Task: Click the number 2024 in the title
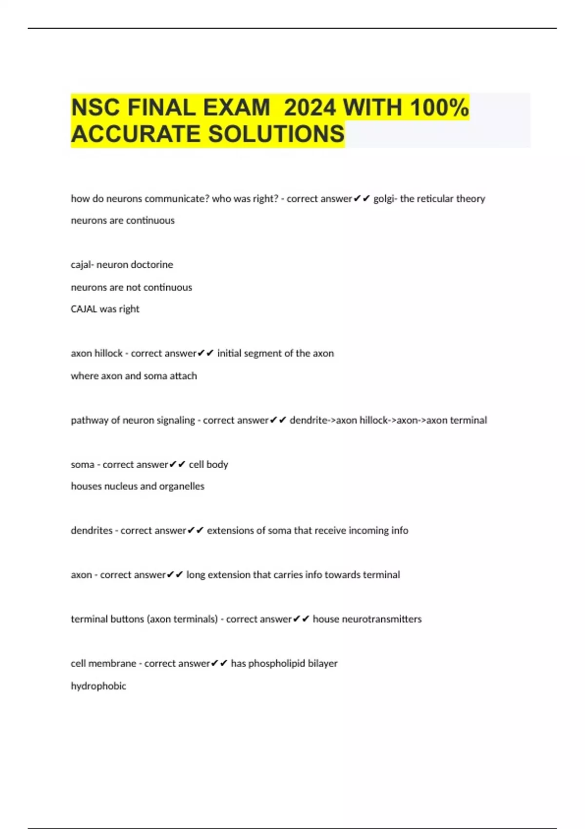point(310,108)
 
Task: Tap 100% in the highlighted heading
point(439,108)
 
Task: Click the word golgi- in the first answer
point(385,199)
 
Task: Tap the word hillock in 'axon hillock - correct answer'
point(109,354)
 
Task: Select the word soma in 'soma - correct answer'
point(82,465)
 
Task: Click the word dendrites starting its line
point(92,531)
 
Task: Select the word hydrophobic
point(98,686)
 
